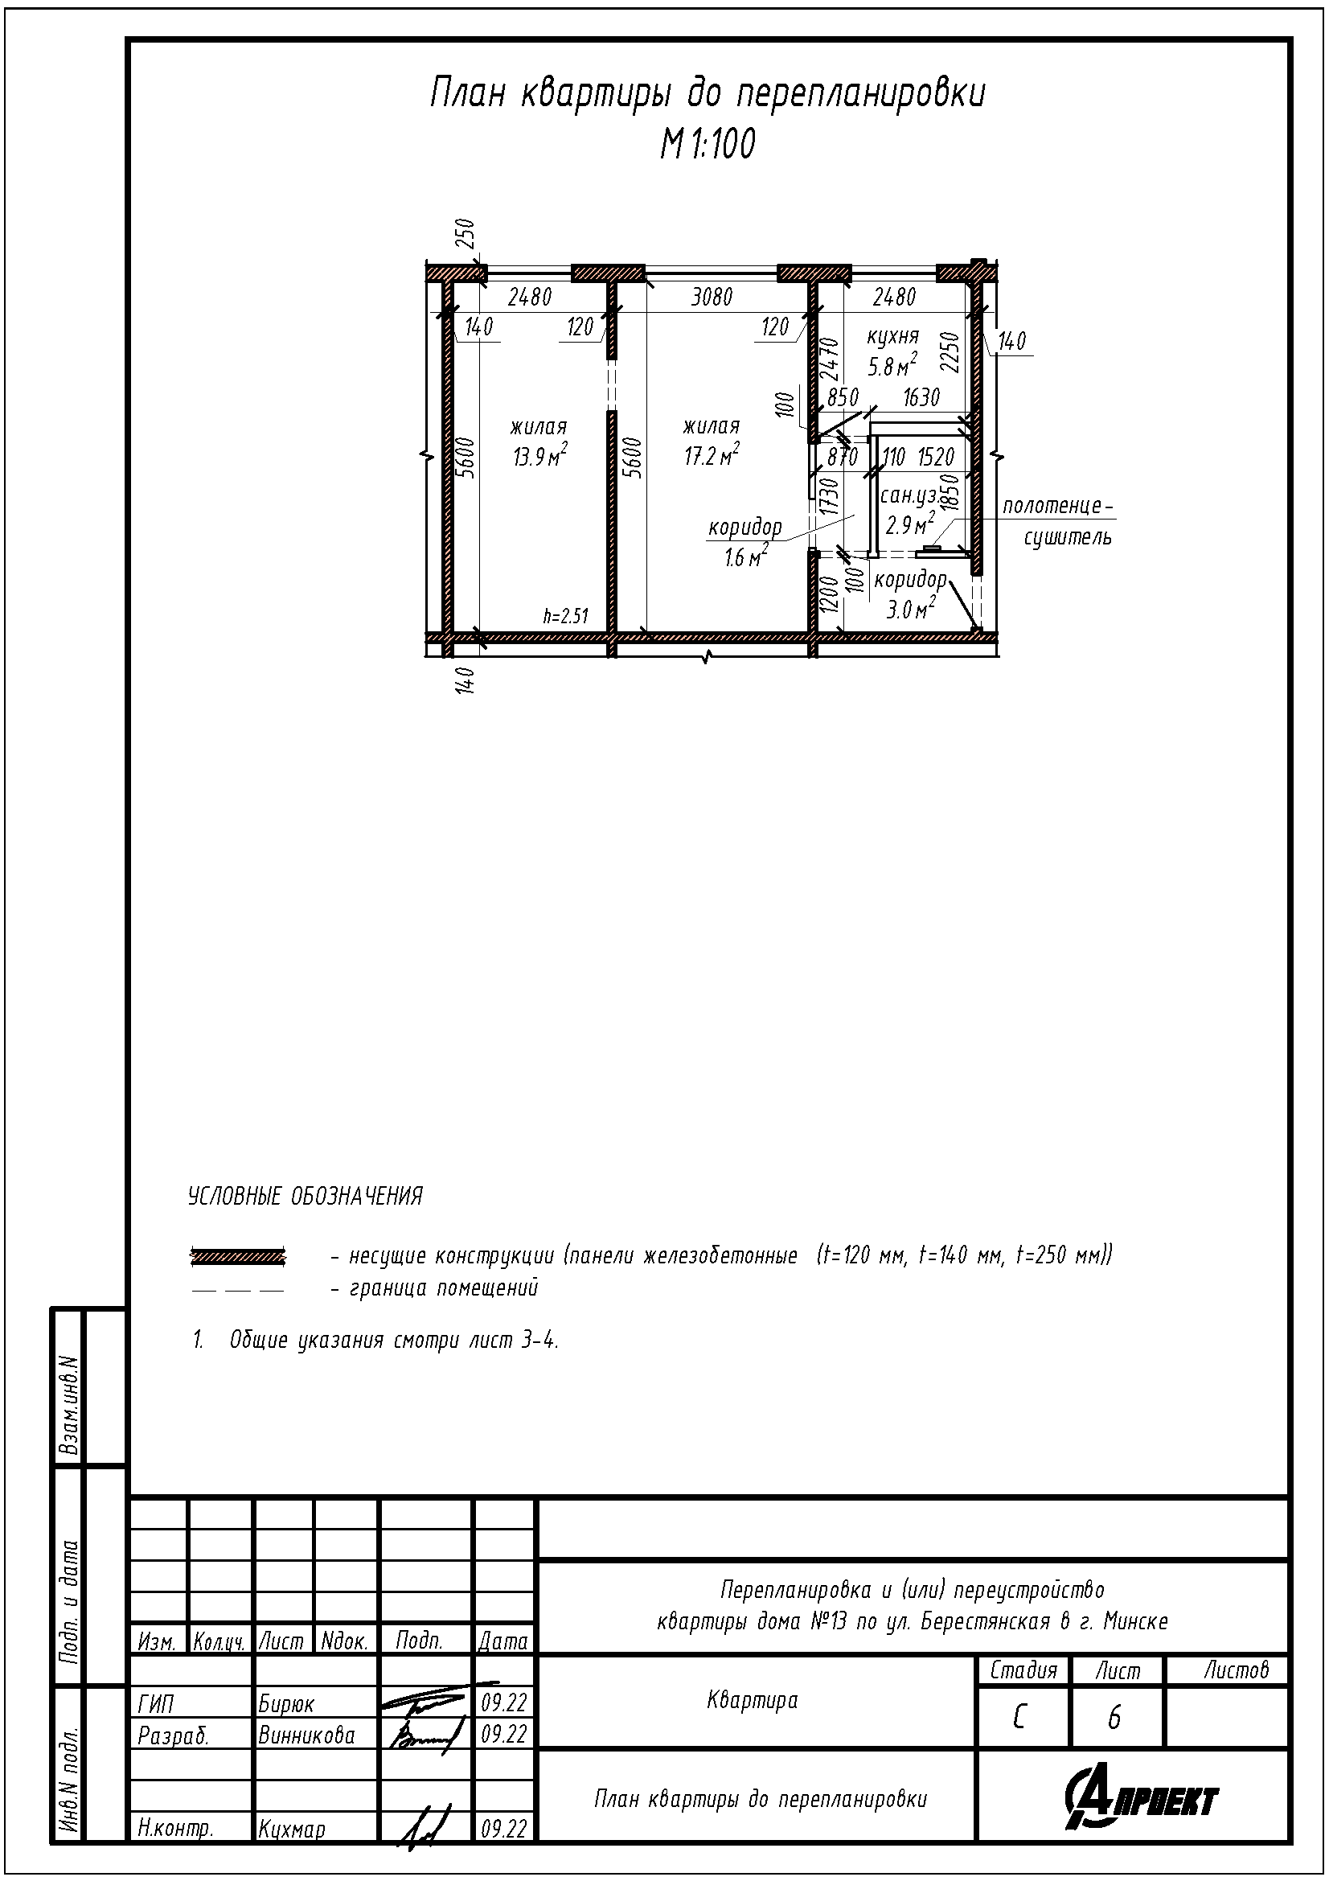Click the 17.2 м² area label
pos(712,455)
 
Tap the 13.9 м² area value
pos(540,456)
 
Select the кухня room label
pos(893,337)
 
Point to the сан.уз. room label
pos(908,496)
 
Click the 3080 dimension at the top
pos(712,297)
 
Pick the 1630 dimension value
pos(921,398)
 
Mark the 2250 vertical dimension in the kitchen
pos(950,352)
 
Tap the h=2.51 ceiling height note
pos(566,616)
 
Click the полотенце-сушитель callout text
pos(1058,522)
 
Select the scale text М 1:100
pos(708,145)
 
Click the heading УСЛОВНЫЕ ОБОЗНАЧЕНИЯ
pos(306,1197)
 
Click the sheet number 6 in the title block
pos(1114,1718)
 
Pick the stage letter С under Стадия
pos(1019,1717)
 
